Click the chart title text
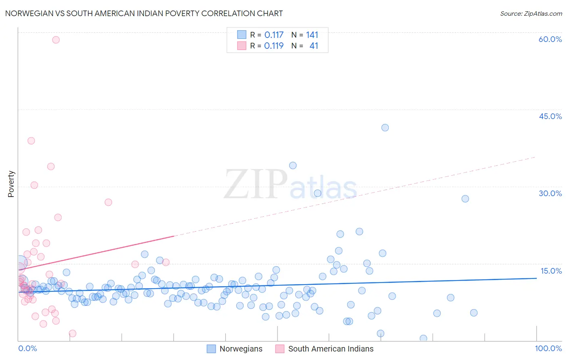pyautogui.click(x=144, y=13)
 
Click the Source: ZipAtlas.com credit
pyautogui.click(x=531, y=13)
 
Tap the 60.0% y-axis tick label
pyautogui.click(x=550, y=39)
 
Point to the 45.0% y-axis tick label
pyautogui.click(x=550, y=116)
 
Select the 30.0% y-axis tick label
pyautogui.click(x=550, y=193)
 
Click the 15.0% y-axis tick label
pyautogui.click(x=551, y=271)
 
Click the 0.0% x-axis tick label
pyautogui.click(x=27, y=348)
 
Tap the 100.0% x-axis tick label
pyautogui.click(x=548, y=348)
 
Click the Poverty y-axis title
pyautogui.click(x=11, y=184)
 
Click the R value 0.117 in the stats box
pyautogui.click(x=274, y=35)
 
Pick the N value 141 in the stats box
pyautogui.click(x=312, y=35)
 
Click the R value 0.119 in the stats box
pyautogui.click(x=274, y=46)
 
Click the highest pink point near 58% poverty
pyautogui.click(x=56, y=40)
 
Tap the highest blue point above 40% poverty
pyautogui.click(x=385, y=128)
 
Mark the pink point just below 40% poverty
pyautogui.click(x=31, y=141)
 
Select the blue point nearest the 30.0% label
pyautogui.click(x=465, y=199)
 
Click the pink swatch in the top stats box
pyautogui.click(x=242, y=46)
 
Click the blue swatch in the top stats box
pyautogui.click(x=242, y=35)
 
